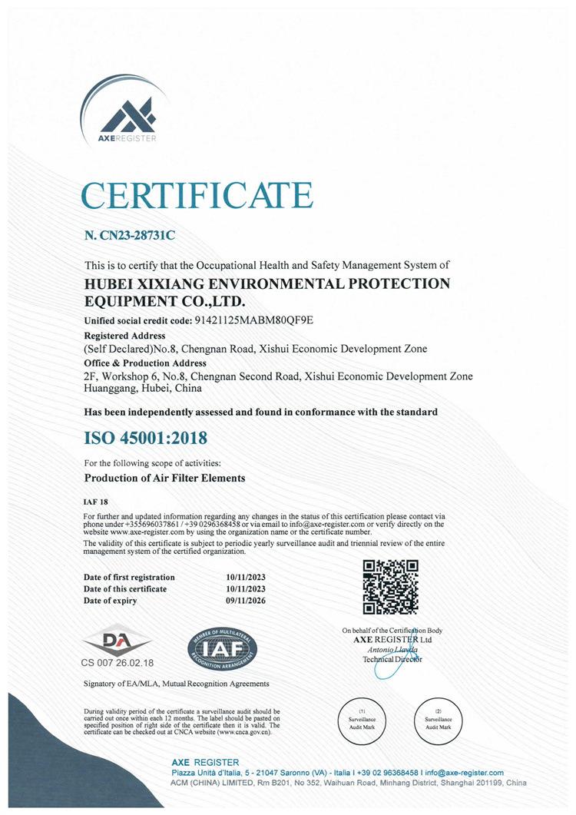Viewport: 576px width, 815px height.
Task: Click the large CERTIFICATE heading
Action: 198,195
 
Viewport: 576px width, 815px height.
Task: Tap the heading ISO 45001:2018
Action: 145,439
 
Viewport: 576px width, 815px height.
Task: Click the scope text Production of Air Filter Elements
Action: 164,478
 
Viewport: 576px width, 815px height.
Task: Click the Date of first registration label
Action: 129,577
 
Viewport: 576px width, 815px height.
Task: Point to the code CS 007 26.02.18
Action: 118,662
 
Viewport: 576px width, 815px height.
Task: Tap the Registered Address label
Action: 124,336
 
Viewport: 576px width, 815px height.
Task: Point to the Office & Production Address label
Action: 144,363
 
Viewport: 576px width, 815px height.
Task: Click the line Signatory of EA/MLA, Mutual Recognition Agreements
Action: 176,684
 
